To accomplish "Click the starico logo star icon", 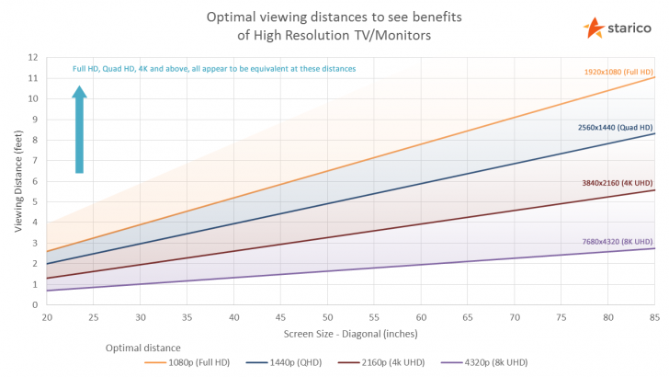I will pyautogui.click(x=594, y=27).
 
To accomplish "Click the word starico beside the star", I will pyautogui.click(x=629, y=28).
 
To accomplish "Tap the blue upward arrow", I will pyautogui.click(x=79, y=129).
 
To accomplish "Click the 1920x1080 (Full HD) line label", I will pyautogui.click(x=618, y=71).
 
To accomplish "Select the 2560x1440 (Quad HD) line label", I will pyautogui.click(x=616, y=126).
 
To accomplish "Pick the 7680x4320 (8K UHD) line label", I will pyautogui.click(x=618, y=241).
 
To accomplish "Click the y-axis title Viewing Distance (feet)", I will pyautogui.click(x=18, y=180).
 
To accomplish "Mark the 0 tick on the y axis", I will pyautogui.click(x=34, y=305).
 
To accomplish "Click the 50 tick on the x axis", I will pyautogui.click(x=326, y=317).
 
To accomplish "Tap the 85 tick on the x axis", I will pyautogui.click(x=654, y=317).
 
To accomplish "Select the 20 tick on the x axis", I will pyautogui.click(x=46, y=317).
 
